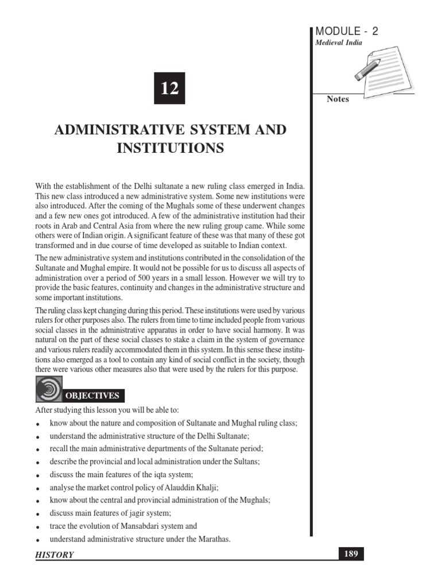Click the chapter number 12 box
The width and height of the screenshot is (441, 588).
(169, 89)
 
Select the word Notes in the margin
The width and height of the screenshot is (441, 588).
(338, 99)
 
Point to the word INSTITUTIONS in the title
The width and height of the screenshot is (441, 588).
(170, 148)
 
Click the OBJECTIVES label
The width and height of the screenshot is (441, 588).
(92, 396)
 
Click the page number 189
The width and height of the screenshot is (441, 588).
(350, 554)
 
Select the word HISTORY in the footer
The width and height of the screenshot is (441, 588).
(55, 555)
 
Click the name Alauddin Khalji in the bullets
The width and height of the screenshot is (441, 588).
(191, 487)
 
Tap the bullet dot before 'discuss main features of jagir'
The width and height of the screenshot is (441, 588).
(37, 514)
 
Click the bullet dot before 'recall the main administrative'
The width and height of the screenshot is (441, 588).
(37, 450)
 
